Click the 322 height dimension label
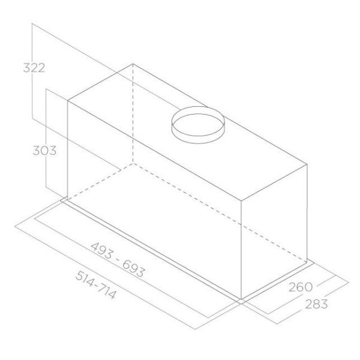[34, 68]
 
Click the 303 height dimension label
[44, 151]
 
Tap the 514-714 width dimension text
[96, 285]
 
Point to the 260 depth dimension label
[301, 287]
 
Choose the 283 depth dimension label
[316, 304]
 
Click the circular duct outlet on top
[198, 125]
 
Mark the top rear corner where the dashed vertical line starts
[133, 64]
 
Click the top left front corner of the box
[68, 101]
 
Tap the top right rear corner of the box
[307, 164]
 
